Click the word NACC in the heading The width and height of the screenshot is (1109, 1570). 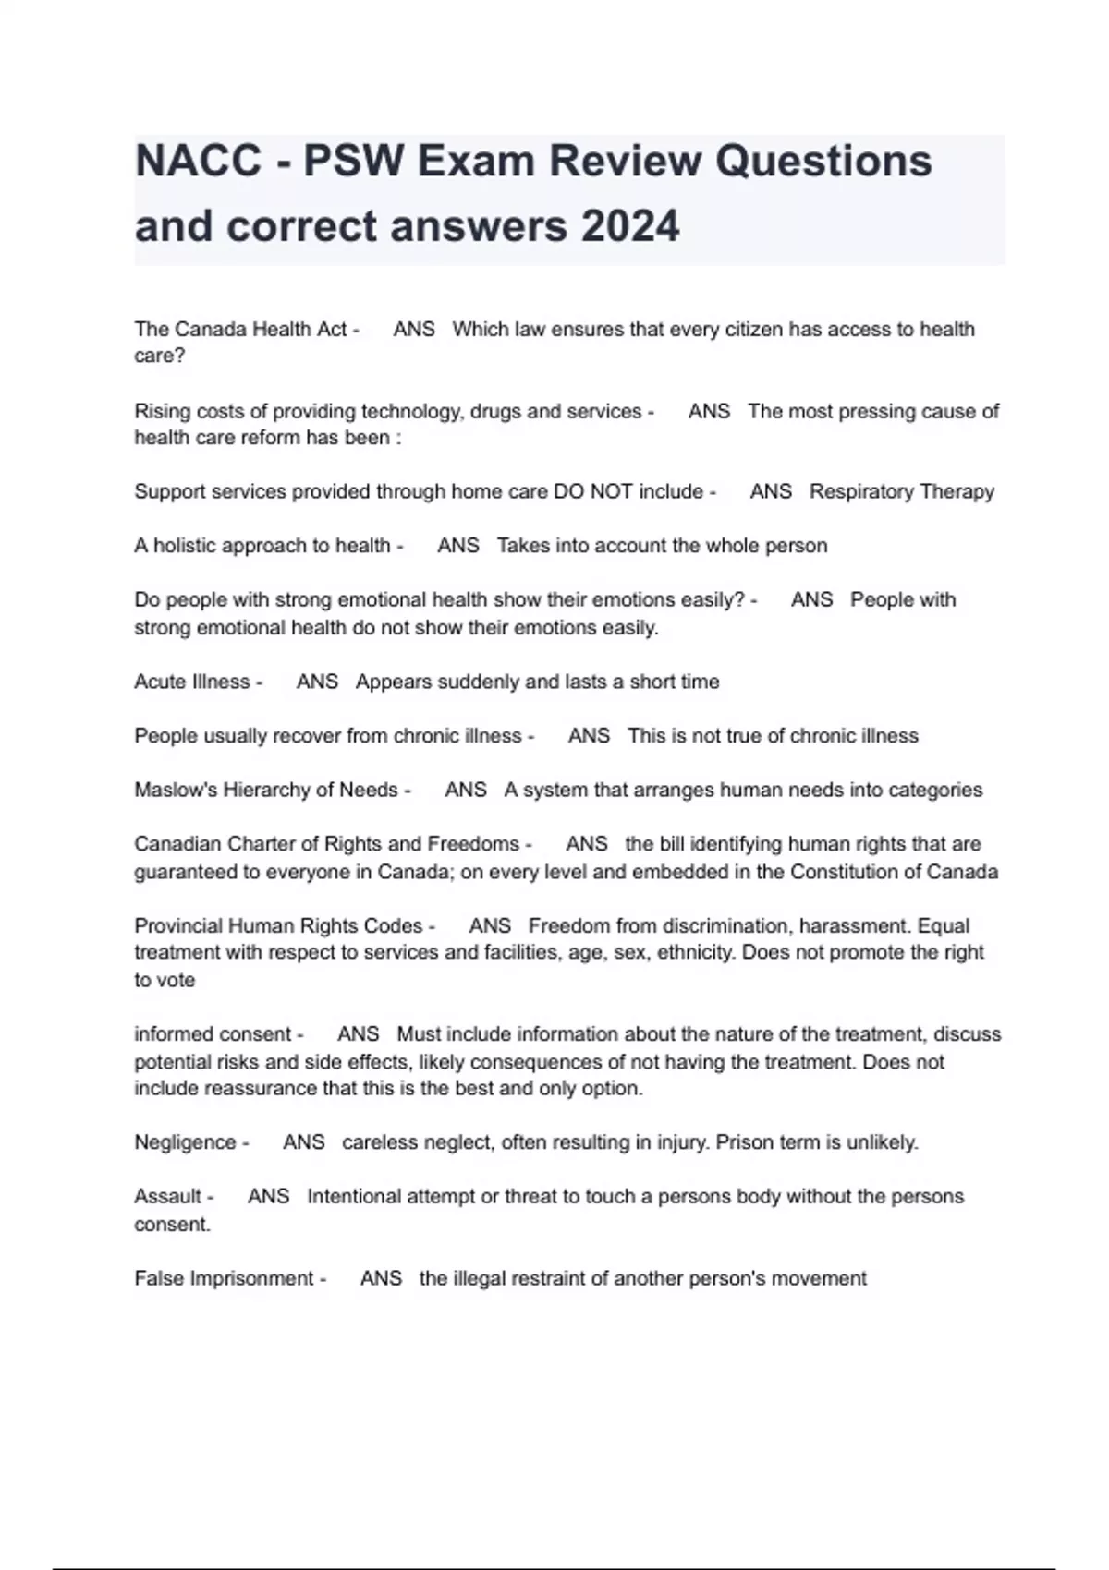point(199,161)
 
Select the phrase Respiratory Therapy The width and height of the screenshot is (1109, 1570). point(901,491)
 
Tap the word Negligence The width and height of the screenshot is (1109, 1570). point(185,1142)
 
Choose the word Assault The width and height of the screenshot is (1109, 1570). point(167,1197)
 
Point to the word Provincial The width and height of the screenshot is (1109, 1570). point(177,925)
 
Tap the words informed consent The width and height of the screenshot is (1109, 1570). point(213,1034)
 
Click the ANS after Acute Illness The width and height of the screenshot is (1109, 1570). point(317,682)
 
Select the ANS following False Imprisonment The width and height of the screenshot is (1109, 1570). point(381,1278)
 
